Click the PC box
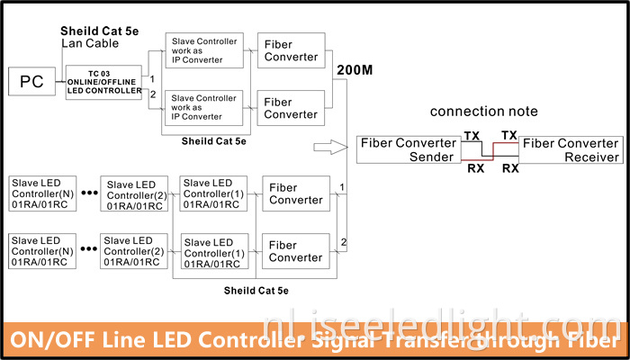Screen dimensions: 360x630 31,83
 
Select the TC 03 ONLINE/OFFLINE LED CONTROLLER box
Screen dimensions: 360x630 104,83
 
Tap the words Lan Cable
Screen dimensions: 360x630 89,43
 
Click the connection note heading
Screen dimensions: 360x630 483,112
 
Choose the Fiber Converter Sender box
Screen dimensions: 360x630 407,150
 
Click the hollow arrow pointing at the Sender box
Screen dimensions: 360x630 329,146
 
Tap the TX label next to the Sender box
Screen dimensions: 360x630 472,136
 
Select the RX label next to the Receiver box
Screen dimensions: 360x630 509,167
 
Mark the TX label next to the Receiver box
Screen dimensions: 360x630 509,135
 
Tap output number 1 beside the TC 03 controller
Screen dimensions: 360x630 152,79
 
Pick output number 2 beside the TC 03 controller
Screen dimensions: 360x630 152,94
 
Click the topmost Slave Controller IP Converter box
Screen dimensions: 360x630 206,50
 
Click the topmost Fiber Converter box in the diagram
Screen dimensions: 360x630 292,50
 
